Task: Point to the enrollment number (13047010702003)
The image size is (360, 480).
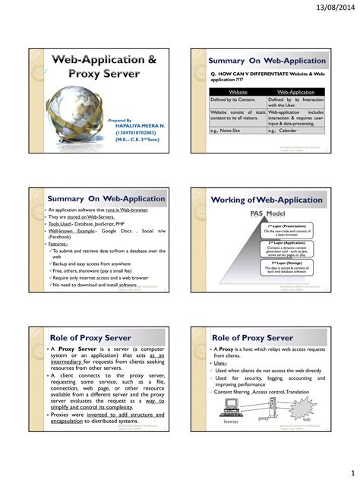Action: (135, 132)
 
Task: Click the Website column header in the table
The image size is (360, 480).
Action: (237, 92)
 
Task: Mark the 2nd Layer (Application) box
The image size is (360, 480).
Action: (286, 248)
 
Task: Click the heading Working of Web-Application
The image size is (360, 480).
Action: (267, 200)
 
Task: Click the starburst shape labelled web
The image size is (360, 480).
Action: (305, 412)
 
